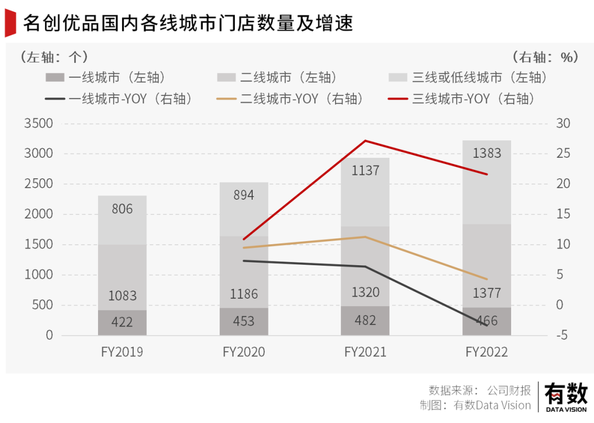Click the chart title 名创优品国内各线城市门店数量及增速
pos(188,24)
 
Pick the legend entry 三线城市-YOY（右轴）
pos(463,99)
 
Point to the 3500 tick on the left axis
pos(38,123)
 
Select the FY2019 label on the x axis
pos(122,352)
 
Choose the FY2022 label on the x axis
pos(487,352)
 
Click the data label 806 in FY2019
pos(122,209)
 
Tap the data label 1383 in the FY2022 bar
pos(487,153)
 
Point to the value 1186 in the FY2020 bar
pos(244,294)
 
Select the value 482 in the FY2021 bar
pos(365,321)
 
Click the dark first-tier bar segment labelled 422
pos(122,323)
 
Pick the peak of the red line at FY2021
pos(366,141)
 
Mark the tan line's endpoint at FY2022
pos(487,279)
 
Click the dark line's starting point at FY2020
pos(244,261)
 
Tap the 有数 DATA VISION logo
pos(566,397)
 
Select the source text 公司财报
pos(509,391)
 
